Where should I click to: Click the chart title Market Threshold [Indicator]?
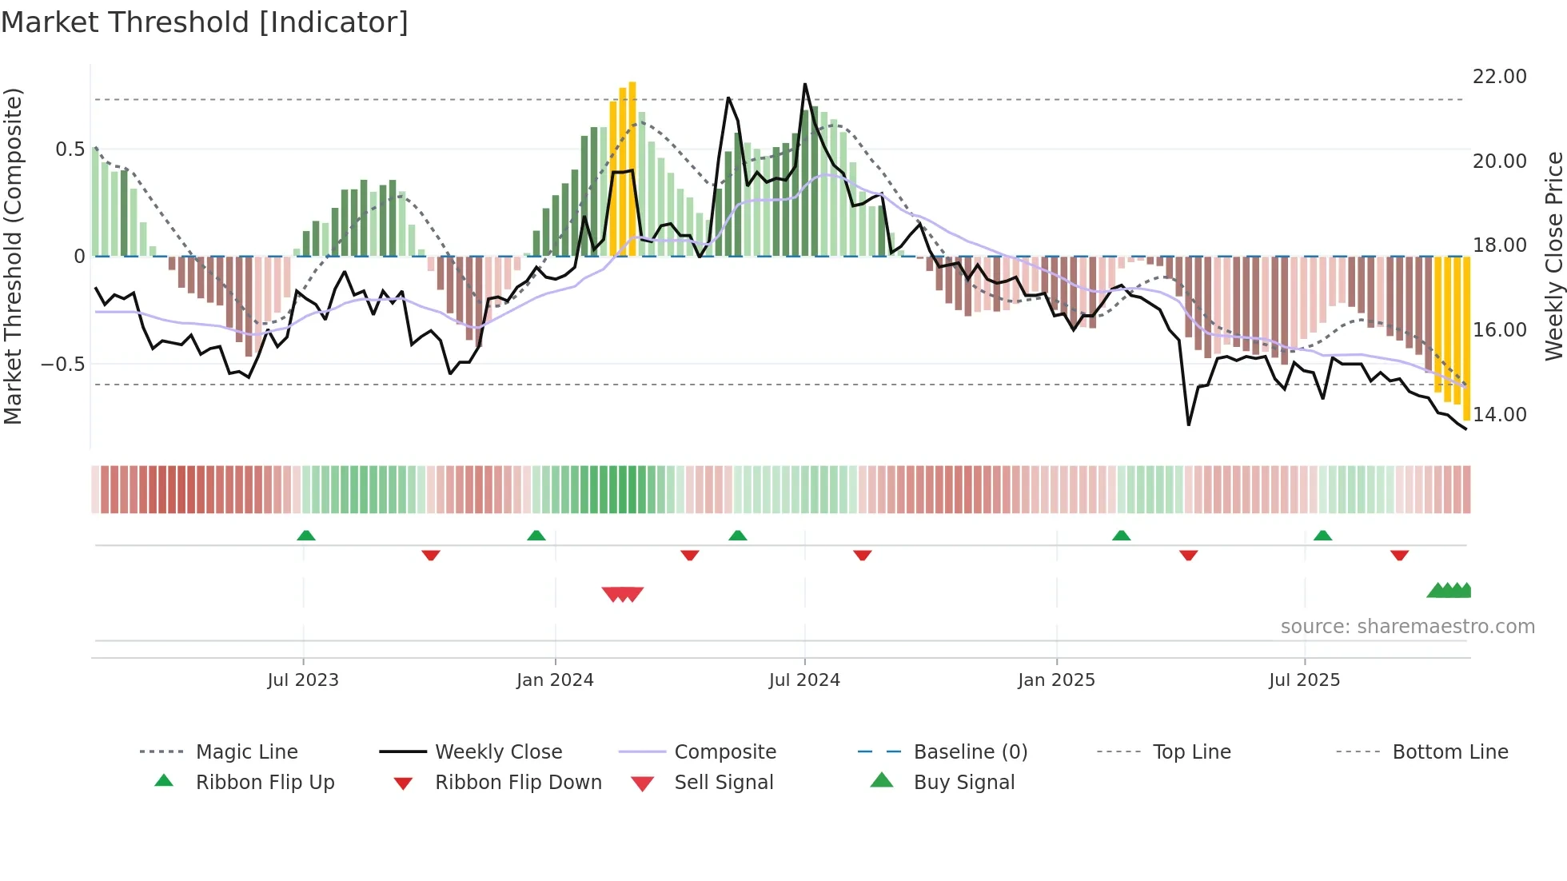(205, 22)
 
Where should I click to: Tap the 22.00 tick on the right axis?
(1499, 77)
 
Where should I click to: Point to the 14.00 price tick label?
(1499, 414)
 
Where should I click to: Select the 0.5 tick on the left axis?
(70, 149)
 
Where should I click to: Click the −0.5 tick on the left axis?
(63, 365)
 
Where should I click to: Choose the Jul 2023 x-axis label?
(303, 680)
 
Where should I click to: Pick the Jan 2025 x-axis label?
(1056, 680)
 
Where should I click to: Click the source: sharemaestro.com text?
(1407, 627)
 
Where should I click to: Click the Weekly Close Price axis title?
(1553, 256)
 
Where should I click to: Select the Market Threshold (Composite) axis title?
(13, 256)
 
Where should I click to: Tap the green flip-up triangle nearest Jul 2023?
(306, 536)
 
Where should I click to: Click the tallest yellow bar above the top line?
(632, 168)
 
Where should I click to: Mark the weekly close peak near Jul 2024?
(805, 84)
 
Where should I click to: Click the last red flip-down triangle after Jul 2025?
(1399, 555)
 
